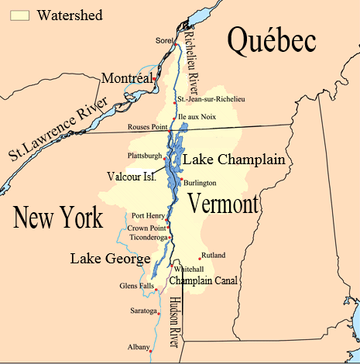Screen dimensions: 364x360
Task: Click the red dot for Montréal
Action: pos(156,78)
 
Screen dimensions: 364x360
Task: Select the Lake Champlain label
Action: pos(234,160)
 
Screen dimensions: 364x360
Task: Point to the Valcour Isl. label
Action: pos(133,176)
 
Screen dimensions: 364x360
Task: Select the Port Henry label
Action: pos(148,216)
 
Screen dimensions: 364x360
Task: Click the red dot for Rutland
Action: pos(200,258)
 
